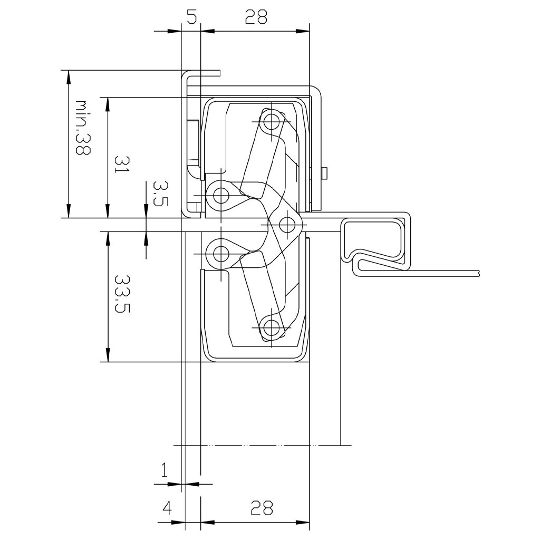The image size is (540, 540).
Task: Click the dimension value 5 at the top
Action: pos(191,17)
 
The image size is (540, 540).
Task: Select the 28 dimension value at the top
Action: pos(256,17)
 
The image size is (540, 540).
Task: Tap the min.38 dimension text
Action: pos(83,127)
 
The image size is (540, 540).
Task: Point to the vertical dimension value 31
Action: pos(121,164)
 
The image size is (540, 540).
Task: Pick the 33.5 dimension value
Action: pos(122,293)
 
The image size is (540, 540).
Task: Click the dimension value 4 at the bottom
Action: pos(167,508)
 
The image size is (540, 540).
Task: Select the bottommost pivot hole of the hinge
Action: pos(272,327)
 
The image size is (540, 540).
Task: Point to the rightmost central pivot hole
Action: pos(286,225)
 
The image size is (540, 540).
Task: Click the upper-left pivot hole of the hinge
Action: pos(220,196)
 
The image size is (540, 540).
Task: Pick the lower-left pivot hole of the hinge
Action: pos(220,255)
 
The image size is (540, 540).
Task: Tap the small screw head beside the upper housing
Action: pos(325,172)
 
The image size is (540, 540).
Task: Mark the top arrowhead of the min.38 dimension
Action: pos(67,76)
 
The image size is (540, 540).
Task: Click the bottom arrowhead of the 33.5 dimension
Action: pos(108,355)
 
